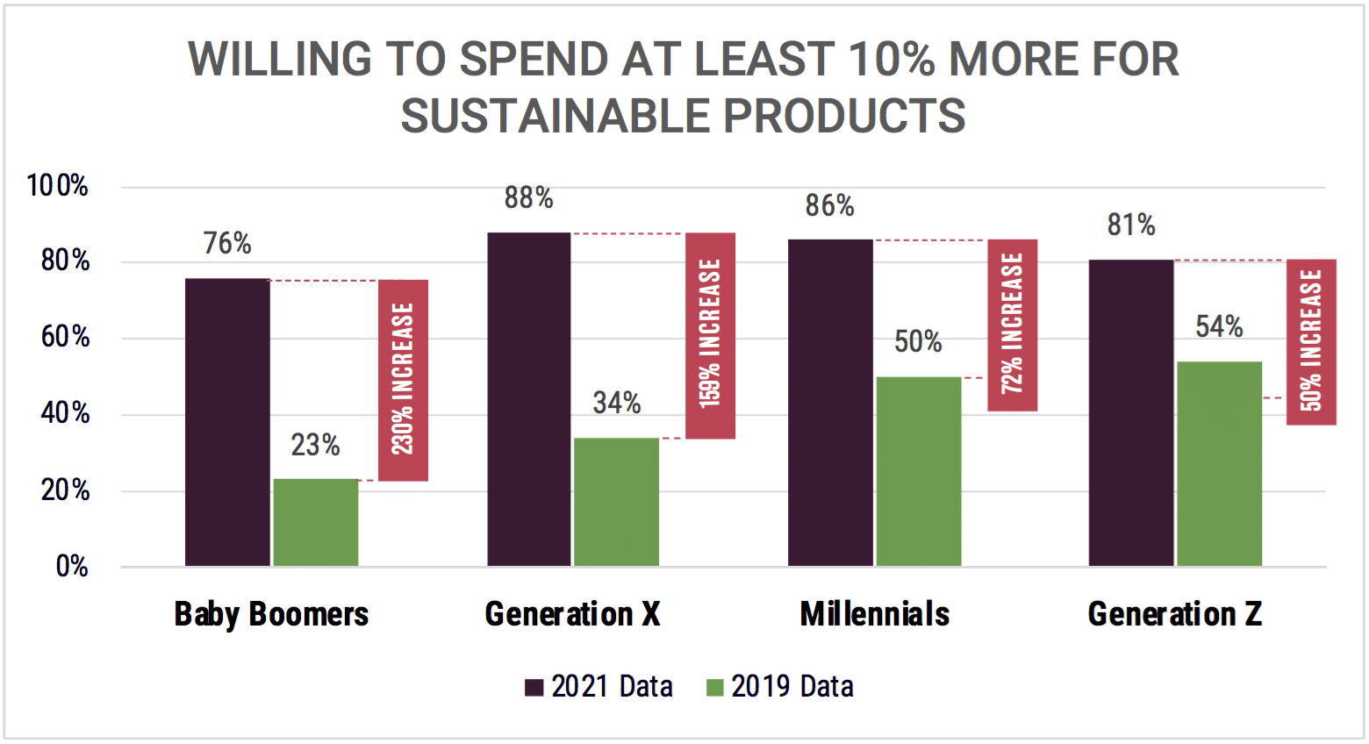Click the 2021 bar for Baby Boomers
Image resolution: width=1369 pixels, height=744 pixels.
click(x=227, y=422)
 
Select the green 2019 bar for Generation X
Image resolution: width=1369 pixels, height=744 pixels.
click(x=616, y=502)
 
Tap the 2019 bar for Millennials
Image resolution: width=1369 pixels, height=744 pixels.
click(x=918, y=471)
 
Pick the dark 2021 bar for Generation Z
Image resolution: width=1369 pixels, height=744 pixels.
click(x=1130, y=412)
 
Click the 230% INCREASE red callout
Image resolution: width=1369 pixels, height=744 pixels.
click(x=403, y=380)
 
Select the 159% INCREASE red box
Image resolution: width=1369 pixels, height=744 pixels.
click(x=710, y=335)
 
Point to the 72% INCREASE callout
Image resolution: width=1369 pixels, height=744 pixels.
click(x=1012, y=325)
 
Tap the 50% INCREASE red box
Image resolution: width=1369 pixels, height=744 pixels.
click(x=1311, y=341)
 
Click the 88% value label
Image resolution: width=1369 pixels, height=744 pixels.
click(x=528, y=198)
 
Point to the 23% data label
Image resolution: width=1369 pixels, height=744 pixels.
click(x=315, y=445)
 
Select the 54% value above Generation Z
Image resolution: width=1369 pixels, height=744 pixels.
click(x=1219, y=327)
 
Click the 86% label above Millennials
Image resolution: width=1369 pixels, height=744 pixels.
click(x=829, y=205)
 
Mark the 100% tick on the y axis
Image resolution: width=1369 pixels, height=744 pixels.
click(x=58, y=186)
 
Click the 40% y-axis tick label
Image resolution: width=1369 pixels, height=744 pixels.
click(x=65, y=413)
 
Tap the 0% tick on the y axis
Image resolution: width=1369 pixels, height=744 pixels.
click(x=72, y=567)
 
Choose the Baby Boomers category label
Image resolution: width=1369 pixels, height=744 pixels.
click(x=271, y=614)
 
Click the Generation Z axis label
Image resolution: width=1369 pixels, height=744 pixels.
click(x=1174, y=614)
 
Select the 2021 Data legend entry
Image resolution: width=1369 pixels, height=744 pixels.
click(x=599, y=686)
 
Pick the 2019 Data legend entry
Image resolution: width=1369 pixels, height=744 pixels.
click(x=780, y=686)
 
